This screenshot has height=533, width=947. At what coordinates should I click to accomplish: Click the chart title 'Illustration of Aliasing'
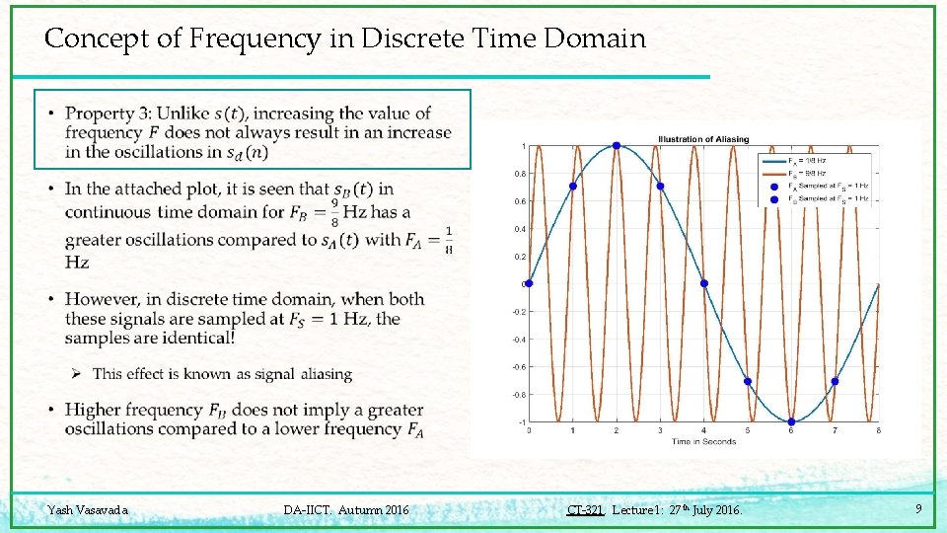[703, 139]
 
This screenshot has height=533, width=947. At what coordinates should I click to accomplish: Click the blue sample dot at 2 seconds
[617, 146]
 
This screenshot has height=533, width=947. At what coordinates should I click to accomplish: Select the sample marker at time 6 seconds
[791, 421]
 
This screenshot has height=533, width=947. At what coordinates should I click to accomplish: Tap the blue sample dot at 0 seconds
[529, 283]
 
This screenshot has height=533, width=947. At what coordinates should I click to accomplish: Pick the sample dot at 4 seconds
[704, 283]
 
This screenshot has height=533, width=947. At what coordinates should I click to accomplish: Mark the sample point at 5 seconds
[748, 381]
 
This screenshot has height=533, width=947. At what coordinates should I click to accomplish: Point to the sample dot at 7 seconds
[835, 381]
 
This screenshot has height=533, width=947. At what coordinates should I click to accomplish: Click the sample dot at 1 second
[573, 186]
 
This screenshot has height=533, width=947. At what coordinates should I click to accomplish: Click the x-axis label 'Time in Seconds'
[703, 441]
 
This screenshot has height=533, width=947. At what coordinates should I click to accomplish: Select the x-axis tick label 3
[660, 430]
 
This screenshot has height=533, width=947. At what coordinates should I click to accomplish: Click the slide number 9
[918, 509]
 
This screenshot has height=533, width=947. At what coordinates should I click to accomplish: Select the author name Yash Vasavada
[88, 510]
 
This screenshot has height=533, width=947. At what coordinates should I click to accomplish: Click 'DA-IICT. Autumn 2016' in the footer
[345, 510]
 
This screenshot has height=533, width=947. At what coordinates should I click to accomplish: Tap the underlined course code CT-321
[585, 510]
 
